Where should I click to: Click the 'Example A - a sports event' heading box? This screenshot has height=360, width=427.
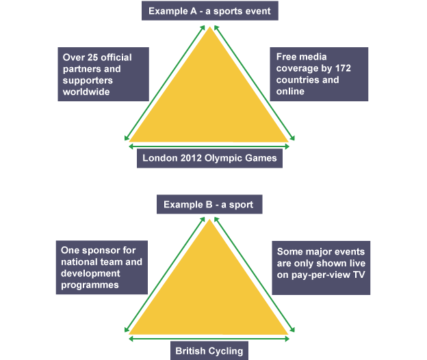click(211, 11)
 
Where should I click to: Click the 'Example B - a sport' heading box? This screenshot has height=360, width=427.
click(209, 204)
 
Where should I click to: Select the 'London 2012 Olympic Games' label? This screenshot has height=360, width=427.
click(209, 158)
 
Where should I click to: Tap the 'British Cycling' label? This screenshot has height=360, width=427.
click(209, 351)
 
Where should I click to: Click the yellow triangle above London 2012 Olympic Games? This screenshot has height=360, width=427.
click(209, 103)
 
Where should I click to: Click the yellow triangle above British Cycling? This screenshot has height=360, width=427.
click(209, 294)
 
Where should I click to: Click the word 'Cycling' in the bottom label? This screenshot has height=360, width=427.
click(226, 351)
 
